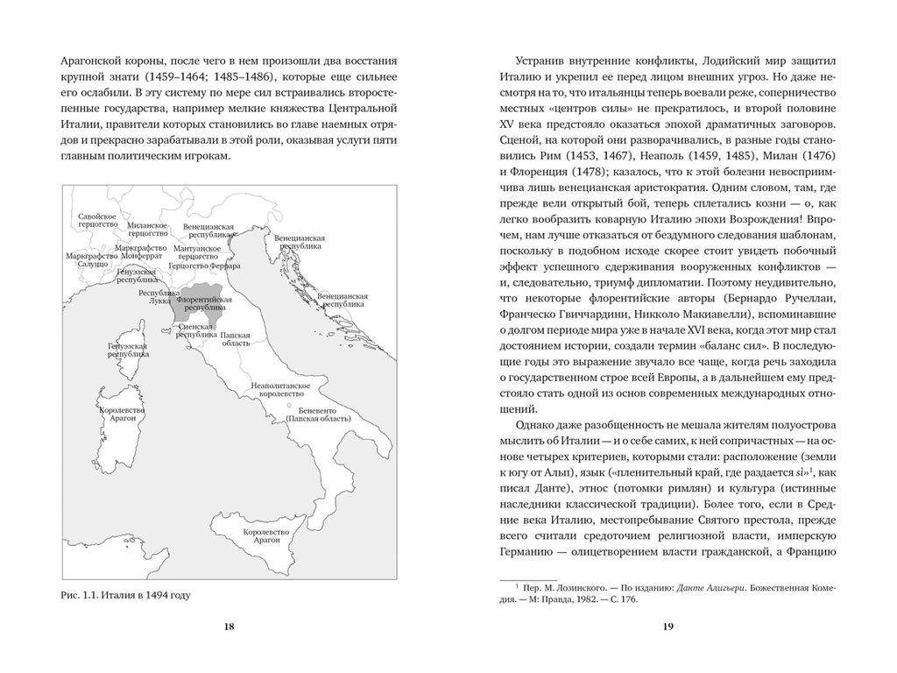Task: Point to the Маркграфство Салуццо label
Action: click(87, 260)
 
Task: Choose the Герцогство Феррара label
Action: click(203, 266)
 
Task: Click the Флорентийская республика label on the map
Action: click(203, 305)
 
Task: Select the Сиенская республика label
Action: click(195, 330)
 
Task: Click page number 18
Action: click(229, 627)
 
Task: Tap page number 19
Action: click(667, 627)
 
